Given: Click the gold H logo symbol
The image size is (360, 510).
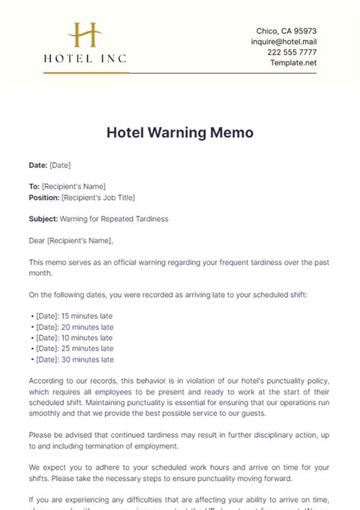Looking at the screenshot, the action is click(85, 36).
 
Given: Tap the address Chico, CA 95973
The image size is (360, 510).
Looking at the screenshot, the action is click(286, 30).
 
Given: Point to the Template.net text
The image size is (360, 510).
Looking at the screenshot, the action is click(293, 62).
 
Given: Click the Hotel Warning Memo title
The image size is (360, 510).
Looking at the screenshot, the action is click(180, 132).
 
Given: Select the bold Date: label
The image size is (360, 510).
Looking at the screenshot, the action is click(38, 165).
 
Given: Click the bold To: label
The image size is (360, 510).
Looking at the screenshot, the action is click(34, 186).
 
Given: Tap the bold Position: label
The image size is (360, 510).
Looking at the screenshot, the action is click(44, 197).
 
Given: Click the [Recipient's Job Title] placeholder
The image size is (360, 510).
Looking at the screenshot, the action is click(98, 197).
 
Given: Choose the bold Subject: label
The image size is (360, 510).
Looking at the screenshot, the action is click(43, 219).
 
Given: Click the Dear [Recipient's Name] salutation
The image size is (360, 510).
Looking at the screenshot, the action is click(71, 241).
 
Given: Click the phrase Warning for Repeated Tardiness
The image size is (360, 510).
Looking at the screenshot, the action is click(114, 219).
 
